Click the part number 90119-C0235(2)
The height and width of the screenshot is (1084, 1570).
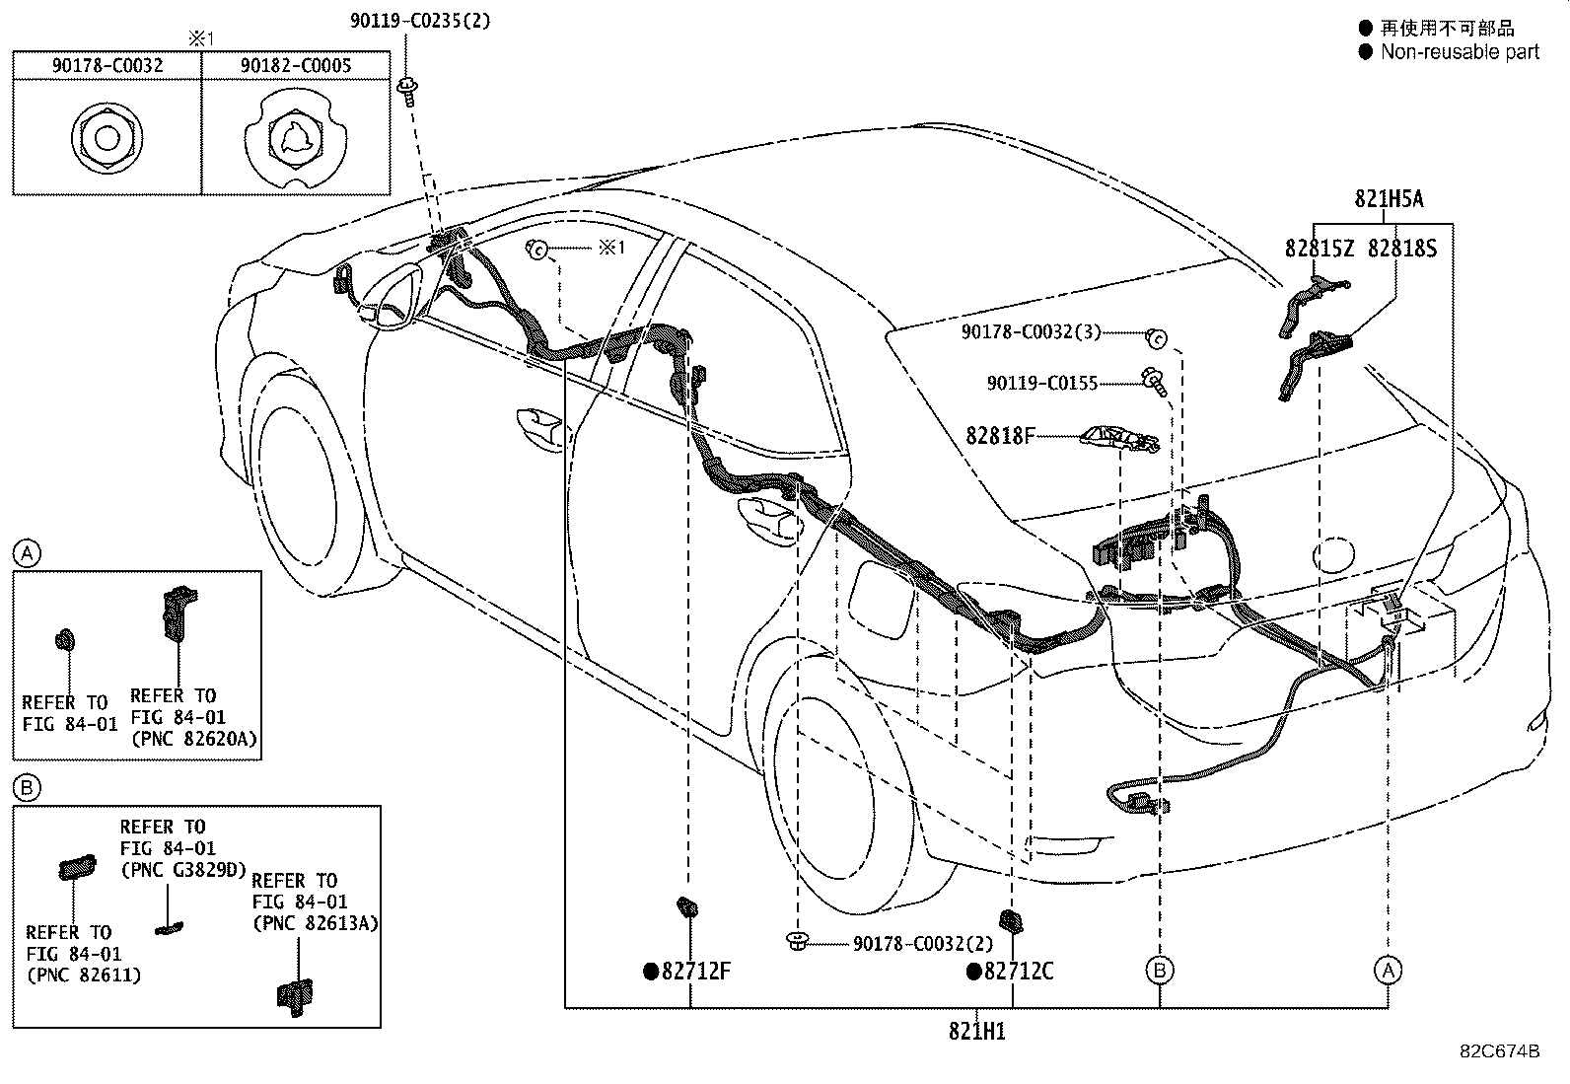(420, 21)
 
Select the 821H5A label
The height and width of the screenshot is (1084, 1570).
(1389, 199)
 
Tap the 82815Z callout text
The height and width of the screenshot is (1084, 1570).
(1320, 249)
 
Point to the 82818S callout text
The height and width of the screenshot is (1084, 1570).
(1401, 249)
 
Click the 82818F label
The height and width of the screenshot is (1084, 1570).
(1000, 435)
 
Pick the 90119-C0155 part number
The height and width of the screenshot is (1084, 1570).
(1042, 383)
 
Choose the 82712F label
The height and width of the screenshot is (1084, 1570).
(696, 971)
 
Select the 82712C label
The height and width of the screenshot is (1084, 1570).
(1019, 971)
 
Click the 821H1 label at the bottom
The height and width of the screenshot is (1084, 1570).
(977, 1031)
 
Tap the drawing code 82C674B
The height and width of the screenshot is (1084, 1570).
(1500, 1051)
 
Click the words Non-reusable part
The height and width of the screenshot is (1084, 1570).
(1460, 52)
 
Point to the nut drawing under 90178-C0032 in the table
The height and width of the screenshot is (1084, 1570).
(107, 138)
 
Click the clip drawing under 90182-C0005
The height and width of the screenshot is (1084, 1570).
(295, 140)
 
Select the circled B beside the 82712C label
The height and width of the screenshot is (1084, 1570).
(1160, 971)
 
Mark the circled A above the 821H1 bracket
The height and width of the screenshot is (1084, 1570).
(1388, 971)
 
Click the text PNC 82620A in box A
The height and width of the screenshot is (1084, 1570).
(195, 739)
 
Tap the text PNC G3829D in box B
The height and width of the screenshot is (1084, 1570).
(184, 869)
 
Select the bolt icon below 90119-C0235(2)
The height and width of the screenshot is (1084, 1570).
(407, 92)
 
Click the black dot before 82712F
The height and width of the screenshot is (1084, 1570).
(651, 972)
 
